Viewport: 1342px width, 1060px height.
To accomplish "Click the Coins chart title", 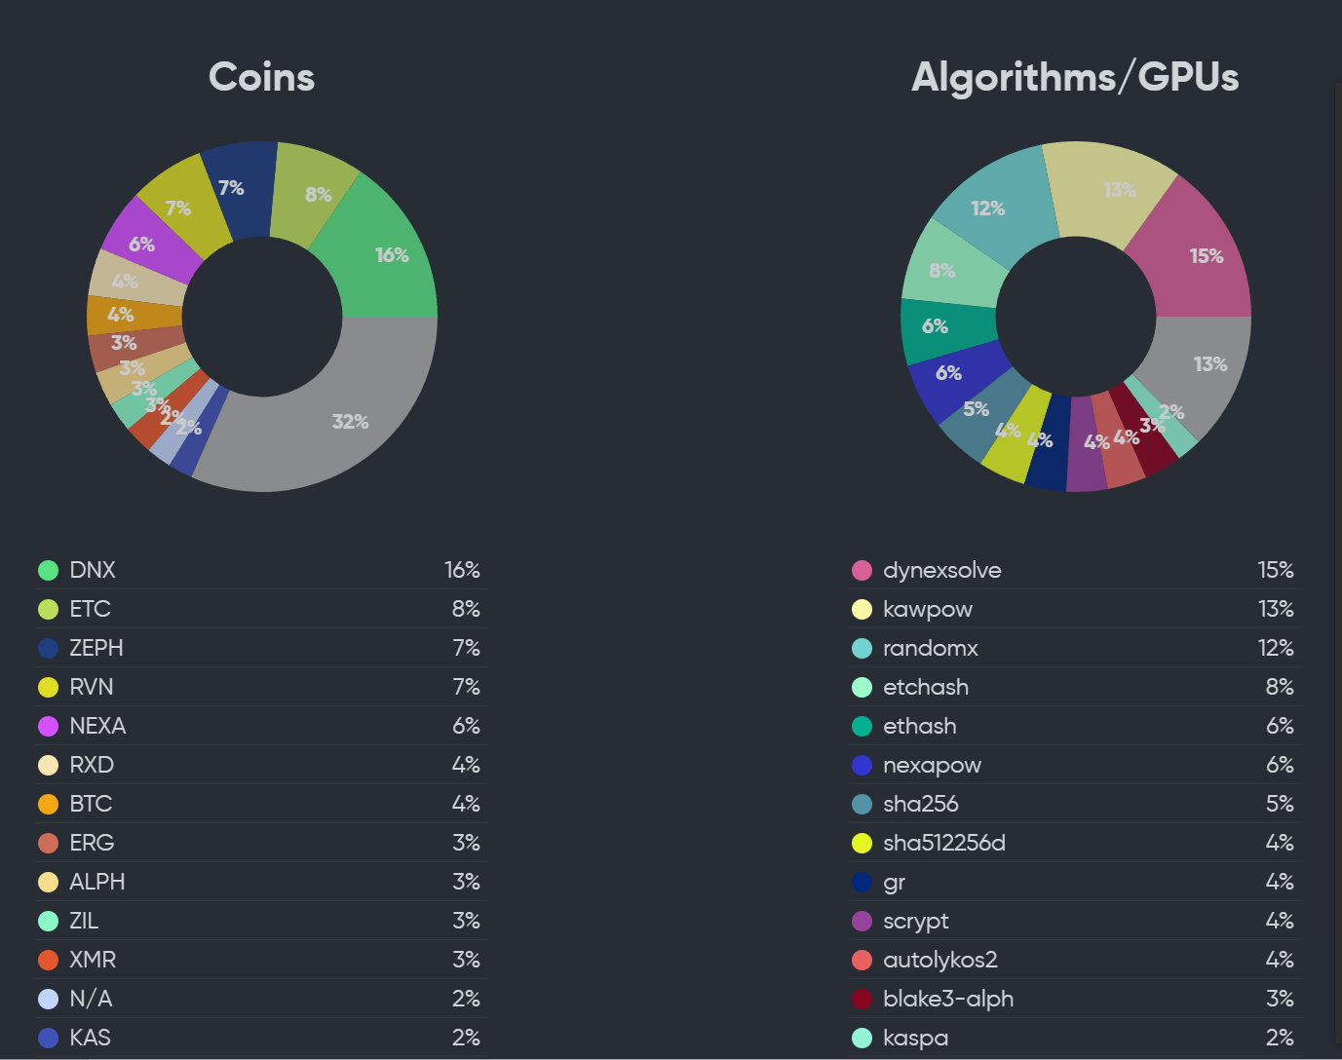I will tap(261, 78).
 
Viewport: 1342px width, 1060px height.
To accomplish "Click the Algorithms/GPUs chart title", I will tap(1074, 78).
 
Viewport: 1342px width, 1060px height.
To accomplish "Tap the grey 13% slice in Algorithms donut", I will tap(1205, 364).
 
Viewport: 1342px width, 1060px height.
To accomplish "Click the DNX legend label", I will tap(93, 570).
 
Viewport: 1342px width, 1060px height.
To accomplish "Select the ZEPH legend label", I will tap(96, 648).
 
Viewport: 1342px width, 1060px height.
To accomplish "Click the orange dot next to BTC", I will tap(48, 804).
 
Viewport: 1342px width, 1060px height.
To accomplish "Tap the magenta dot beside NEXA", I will tap(48, 726).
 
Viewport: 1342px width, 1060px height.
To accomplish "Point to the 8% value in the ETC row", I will tap(466, 609).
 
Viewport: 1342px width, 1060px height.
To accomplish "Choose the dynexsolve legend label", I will tap(941, 570).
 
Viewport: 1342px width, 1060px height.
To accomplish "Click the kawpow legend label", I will tap(927, 609).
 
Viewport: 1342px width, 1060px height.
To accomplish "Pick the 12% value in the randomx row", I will tap(1276, 648).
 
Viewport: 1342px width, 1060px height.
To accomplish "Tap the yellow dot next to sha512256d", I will tap(862, 843).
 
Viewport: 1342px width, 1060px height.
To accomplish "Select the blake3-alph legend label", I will tap(947, 999).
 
